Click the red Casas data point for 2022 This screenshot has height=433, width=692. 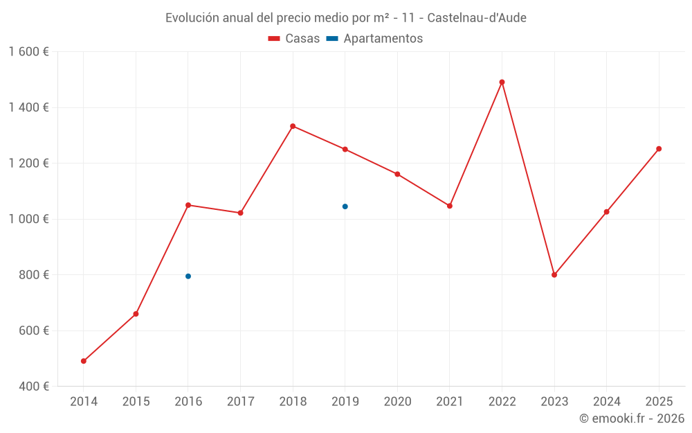502,82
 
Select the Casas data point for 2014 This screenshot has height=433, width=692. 84,361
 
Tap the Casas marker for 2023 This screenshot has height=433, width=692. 554,275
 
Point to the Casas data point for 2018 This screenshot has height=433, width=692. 293,126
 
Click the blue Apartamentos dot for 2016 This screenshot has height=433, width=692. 188,276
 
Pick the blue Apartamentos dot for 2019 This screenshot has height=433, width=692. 345,206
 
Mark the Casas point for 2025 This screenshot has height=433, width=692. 659,149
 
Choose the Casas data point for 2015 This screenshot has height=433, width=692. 136,314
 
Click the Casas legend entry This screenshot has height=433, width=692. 294,39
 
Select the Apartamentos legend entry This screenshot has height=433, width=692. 374,39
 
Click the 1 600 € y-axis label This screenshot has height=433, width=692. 28,52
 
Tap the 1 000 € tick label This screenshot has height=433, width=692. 28,219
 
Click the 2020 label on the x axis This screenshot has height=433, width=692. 397,402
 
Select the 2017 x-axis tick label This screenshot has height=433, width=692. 240,402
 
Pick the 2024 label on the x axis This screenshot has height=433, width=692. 606,402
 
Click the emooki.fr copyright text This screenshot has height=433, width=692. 631,418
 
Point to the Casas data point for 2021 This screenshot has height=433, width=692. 450,206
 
